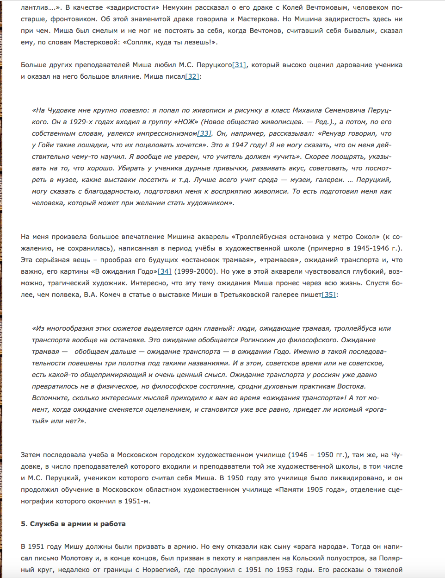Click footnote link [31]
tap(239, 65)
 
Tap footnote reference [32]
tap(192, 76)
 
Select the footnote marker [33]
tap(204, 133)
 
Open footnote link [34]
tap(165, 271)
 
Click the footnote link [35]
tap(328, 295)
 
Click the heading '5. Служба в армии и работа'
tap(73, 524)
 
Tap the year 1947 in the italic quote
tap(240, 145)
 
